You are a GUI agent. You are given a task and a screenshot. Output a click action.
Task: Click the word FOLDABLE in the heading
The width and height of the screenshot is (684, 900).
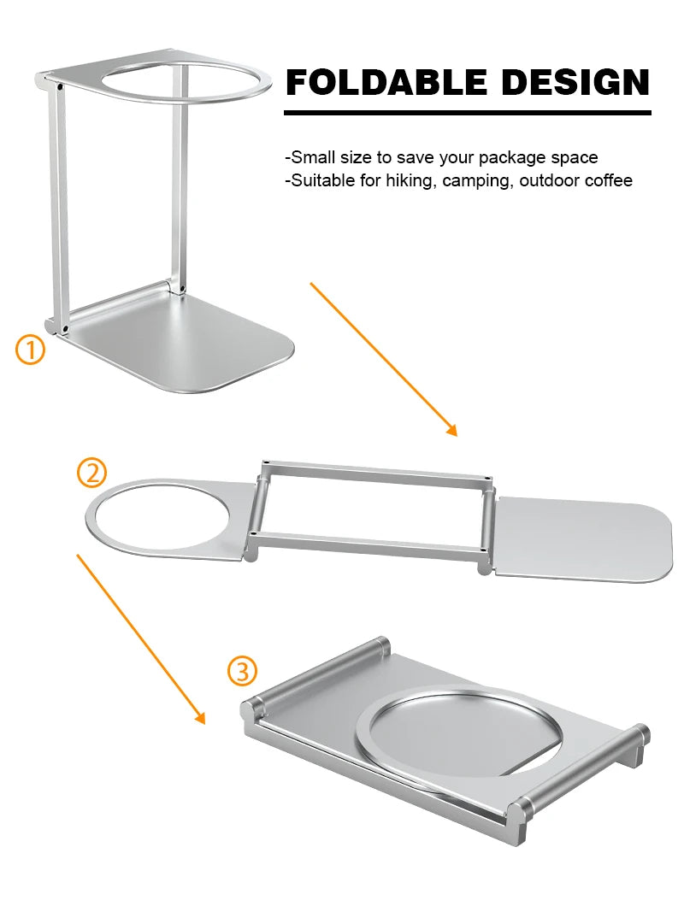387,83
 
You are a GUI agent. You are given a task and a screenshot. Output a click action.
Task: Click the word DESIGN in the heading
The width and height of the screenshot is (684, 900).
575,83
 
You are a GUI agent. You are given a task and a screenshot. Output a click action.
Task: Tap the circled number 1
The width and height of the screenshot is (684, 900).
31,350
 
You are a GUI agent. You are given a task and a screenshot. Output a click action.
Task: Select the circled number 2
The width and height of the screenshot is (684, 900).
92,472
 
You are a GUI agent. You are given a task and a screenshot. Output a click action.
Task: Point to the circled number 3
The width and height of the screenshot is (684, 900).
242,671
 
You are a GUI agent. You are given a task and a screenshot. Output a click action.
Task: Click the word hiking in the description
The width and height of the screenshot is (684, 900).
410,180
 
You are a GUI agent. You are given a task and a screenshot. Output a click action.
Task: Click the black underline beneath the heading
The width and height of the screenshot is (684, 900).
467,112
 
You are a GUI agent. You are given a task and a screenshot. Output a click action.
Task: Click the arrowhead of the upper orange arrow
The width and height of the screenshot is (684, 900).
451,429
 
